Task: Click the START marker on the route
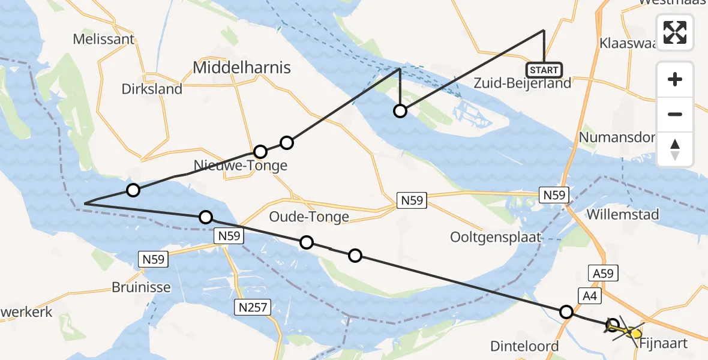544,70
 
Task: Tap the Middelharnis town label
242,68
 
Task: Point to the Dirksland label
152,89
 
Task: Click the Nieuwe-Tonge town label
241,165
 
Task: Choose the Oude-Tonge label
309,217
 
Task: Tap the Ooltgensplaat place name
496,237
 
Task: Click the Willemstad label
624,214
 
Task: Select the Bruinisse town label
141,287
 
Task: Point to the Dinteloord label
524,346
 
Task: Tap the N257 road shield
253,308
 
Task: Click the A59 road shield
603,274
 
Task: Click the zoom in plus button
675,79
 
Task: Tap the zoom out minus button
675,114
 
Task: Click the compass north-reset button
675,149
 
